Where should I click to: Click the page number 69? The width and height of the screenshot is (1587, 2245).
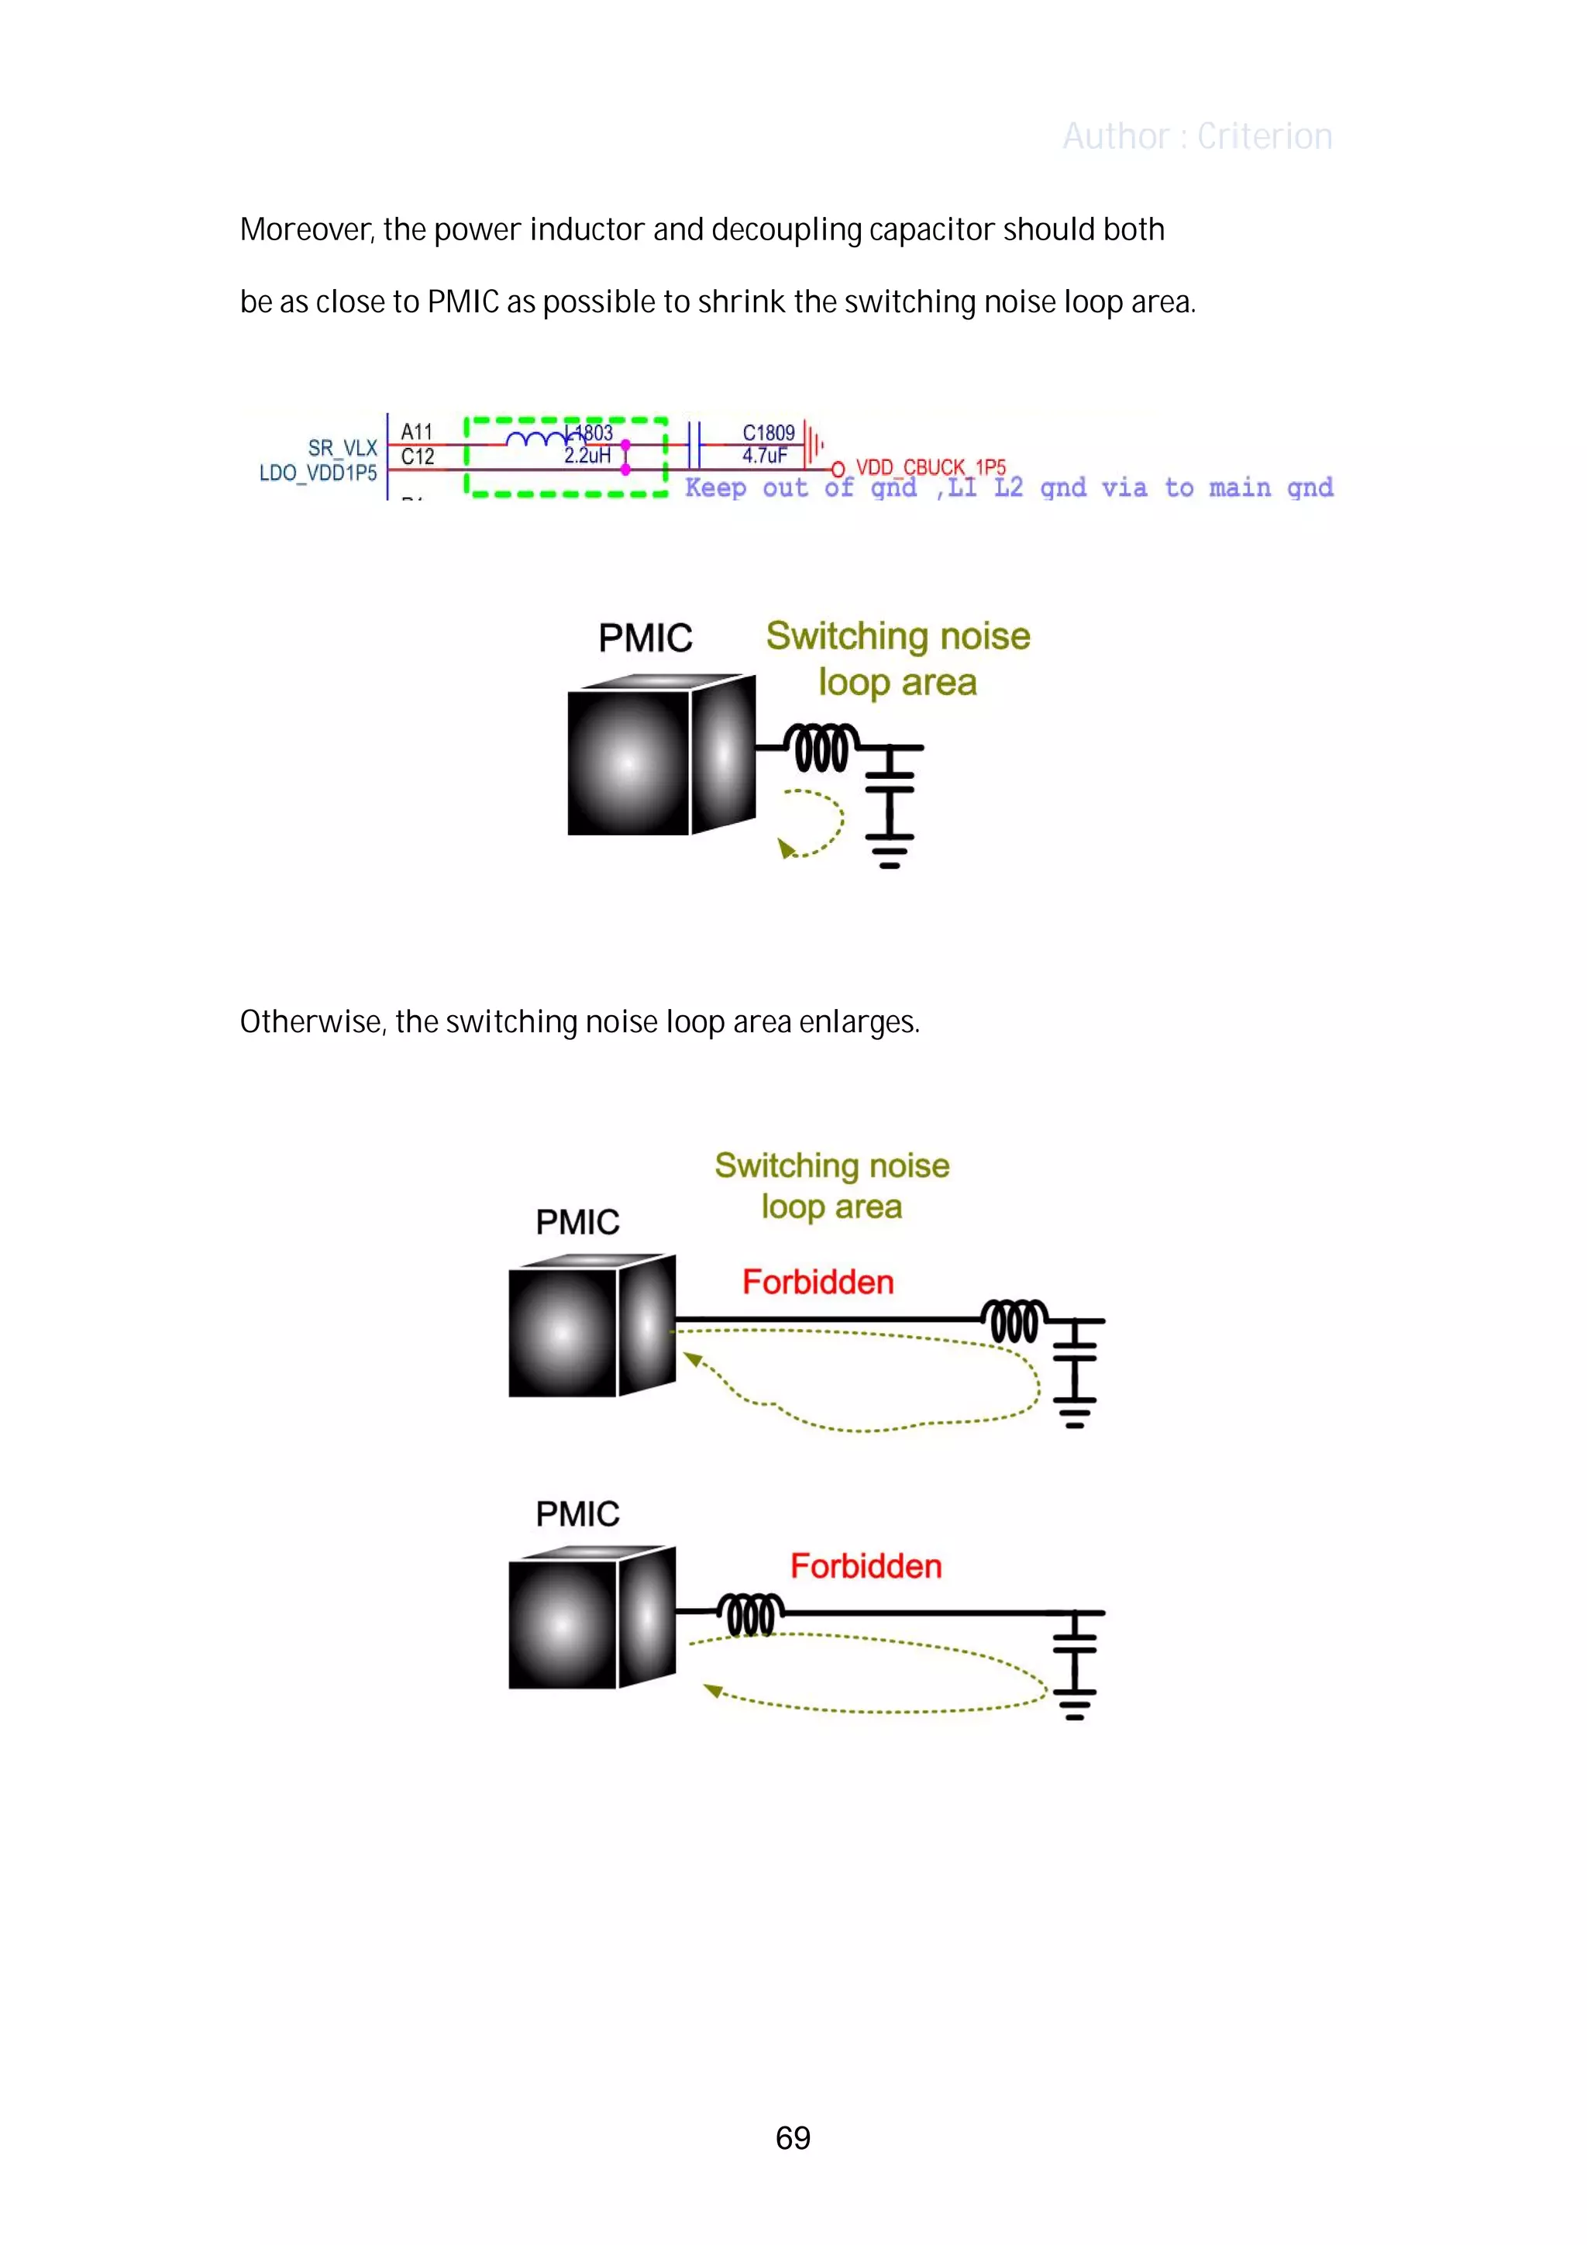coord(792,2137)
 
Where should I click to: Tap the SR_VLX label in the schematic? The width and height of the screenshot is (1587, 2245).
coord(343,448)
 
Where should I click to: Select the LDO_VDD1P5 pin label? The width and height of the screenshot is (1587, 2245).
coord(318,473)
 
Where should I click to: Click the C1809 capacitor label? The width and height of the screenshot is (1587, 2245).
coord(768,432)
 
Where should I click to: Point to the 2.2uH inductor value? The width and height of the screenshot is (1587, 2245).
coord(587,456)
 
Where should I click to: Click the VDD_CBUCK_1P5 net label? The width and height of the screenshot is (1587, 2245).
coord(930,467)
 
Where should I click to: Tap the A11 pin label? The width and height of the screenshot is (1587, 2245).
coord(417,431)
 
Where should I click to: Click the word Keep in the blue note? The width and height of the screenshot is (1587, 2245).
coord(714,488)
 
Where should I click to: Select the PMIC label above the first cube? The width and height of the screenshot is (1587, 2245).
coord(645,639)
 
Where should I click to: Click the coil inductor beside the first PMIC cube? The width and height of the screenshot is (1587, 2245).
coord(821,748)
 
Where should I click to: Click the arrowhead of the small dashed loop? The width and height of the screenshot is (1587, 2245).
coord(785,848)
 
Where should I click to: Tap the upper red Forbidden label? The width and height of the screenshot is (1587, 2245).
coord(818,1282)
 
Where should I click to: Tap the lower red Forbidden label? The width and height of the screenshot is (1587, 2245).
coord(866,1565)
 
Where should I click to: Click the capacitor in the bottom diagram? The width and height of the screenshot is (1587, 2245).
coord(1075,1641)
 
